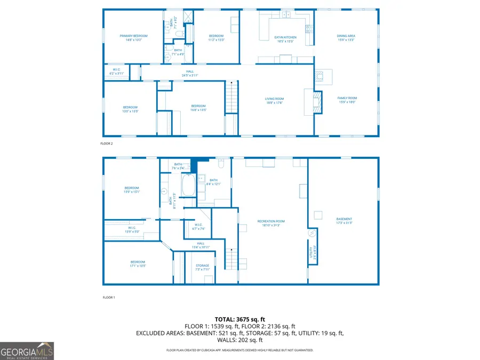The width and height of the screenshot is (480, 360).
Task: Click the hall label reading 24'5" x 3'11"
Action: pyautogui.click(x=190, y=73)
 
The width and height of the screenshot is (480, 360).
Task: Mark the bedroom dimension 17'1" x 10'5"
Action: pyautogui.click(x=138, y=263)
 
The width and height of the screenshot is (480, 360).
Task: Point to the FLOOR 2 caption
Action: pyautogui.click(x=107, y=143)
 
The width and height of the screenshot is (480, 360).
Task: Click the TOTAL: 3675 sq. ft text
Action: pyautogui.click(x=239, y=319)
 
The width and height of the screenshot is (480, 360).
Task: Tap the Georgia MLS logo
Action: pyautogui.click(x=27, y=351)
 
